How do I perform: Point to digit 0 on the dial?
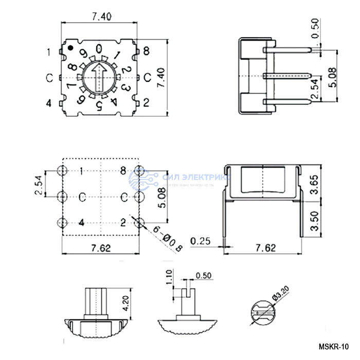tap(99, 49)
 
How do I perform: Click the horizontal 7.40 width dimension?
tap(101, 16)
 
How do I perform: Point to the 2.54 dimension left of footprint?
tap(39, 184)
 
